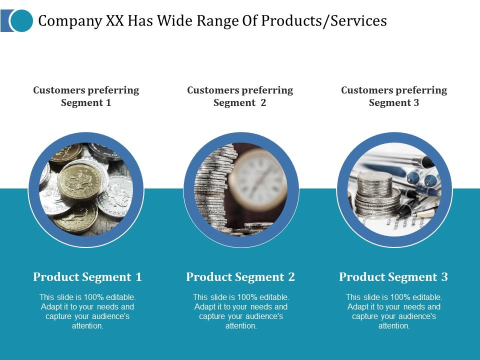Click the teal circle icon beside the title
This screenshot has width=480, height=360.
(21, 20)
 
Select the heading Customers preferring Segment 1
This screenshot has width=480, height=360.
(86, 96)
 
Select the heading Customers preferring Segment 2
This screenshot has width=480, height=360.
(240, 96)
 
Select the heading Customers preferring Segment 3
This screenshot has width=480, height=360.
(394, 96)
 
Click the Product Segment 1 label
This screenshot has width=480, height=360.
(87, 277)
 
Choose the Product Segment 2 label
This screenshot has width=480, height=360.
(240, 277)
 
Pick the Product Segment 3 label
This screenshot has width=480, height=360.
(393, 277)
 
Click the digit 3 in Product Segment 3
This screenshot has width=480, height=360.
(444, 277)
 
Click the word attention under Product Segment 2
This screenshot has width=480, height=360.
(241, 326)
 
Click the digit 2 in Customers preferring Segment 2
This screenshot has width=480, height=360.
(263, 103)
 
